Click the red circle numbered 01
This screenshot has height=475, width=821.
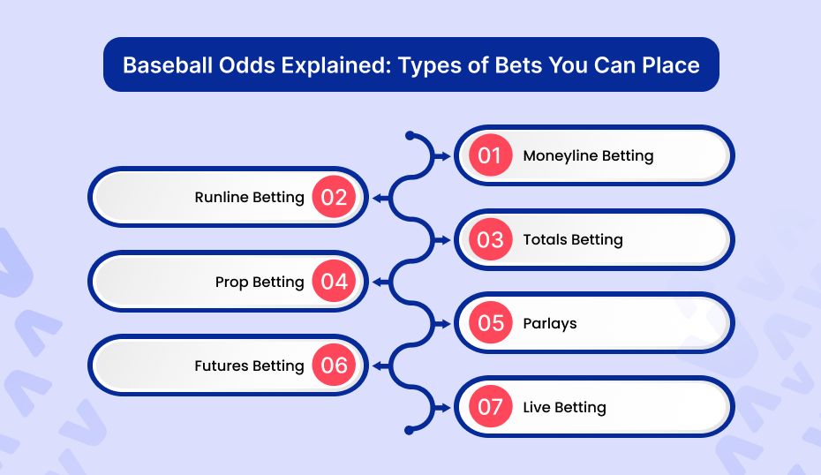click(490, 155)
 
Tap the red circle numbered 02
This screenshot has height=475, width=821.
click(334, 197)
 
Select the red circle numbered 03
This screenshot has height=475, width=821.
click(490, 239)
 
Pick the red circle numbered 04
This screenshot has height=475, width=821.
click(334, 282)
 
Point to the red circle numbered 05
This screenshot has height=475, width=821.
click(490, 322)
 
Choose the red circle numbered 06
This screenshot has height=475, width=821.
click(334, 365)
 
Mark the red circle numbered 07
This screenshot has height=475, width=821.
click(490, 407)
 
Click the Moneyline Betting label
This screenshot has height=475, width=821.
click(588, 156)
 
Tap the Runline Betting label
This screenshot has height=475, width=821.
click(249, 198)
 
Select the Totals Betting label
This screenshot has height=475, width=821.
click(573, 240)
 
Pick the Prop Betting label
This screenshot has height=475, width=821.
click(260, 283)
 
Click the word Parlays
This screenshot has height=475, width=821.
click(550, 324)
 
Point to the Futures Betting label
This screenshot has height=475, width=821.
click(249, 366)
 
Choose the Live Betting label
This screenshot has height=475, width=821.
click(564, 407)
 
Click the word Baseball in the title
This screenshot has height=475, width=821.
click(168, 65)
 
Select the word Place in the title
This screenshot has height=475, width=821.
click(671, 65)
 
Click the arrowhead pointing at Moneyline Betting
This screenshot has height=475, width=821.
click(445, 156)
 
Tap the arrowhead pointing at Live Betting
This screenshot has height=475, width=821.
click(445, 408)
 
